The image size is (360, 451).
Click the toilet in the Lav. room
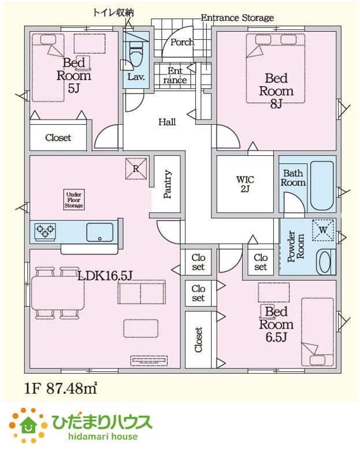click(x=136, y=54)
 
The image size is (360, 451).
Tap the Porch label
click(x=182, y=42)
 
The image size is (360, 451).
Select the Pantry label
click(x=168, y=184)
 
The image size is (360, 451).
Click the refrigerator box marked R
click(x=136, y=169)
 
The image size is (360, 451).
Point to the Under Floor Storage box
click(x=74, y=200)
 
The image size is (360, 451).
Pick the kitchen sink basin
click(x=99, y=232)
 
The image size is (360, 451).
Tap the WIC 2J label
click(x=245, y=184)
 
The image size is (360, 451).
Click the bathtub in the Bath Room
click(x=322, y=185)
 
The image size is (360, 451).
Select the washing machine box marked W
click(x=324, y=230)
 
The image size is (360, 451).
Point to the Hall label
click(x=167, y=122)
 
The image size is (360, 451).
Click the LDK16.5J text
click(x=105, y=276)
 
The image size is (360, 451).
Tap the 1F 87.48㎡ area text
click(x=61, y=389)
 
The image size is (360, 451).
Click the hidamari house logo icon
click(x=28, y=425)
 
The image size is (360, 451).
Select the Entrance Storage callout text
click(x=237, y=18)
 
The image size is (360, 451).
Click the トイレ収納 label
click(x=113, y=13)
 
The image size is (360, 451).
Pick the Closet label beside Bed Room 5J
click(x=58, y=137)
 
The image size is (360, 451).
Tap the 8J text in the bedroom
click(x=276, y=104)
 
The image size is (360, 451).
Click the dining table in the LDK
click(x=58, y=293)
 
